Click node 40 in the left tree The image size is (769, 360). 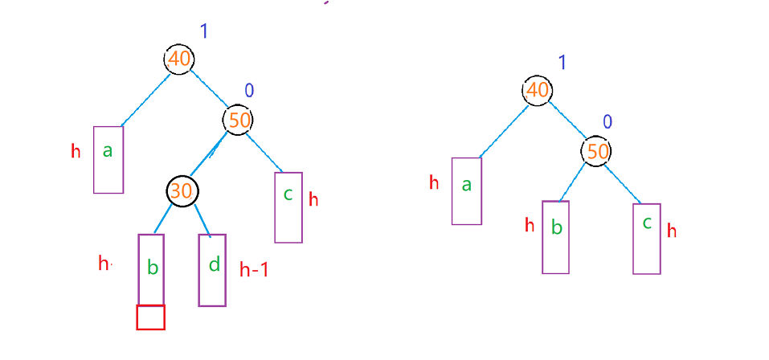(x=178, y=59)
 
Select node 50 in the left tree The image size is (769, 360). (x=239, y=121)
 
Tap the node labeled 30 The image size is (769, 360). (x=182, y=190)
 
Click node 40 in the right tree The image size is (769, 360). (x=536, y=90)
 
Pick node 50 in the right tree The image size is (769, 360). (x=596, y=151)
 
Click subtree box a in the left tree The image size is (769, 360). (x=108, y=159)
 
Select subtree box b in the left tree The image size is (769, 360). (x=151, y=268)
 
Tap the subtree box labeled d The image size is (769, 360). (x=212, y=269)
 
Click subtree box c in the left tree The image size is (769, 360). (x=288, y=207)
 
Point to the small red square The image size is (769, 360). (x=151, y=317)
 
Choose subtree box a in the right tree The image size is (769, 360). (x=466, y=190)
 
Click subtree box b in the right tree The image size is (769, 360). (x=555, y=236)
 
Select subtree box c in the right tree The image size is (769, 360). (x=647, y=238)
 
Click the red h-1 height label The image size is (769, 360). (x=254, y=270)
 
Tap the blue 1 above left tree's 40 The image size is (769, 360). (x=204, y=32)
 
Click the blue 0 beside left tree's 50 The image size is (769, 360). (x=249, y=91)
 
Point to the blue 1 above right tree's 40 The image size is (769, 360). (x=562, y=63)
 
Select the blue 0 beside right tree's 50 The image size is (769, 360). (x=607, y=122)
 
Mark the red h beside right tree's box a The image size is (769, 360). (x=434, y=182)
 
